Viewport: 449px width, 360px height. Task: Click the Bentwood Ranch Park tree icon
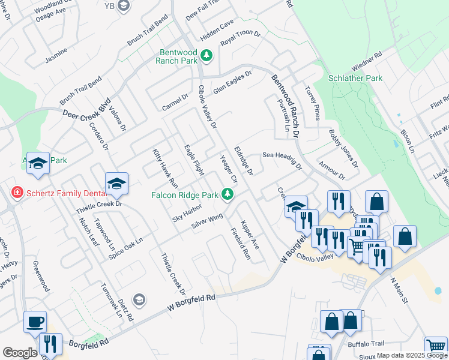tap(206, 56)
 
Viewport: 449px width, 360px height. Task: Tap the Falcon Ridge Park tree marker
tap(227, 194)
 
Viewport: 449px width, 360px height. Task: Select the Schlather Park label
tap(355, 78)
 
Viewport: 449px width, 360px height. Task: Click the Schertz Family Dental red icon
tap(17, 193)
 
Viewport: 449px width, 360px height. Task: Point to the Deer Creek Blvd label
tap(87, 108)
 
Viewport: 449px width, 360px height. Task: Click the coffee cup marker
tap(35, 322)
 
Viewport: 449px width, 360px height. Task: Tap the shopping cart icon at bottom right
tap(436, 347)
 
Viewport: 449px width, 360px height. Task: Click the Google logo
tap(20, 352)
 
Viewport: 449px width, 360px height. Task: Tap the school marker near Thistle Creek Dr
tap(116, 184)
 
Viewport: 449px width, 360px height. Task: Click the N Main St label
tap(398, 290)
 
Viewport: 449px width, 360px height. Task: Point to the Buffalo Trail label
tap(366, 344)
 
